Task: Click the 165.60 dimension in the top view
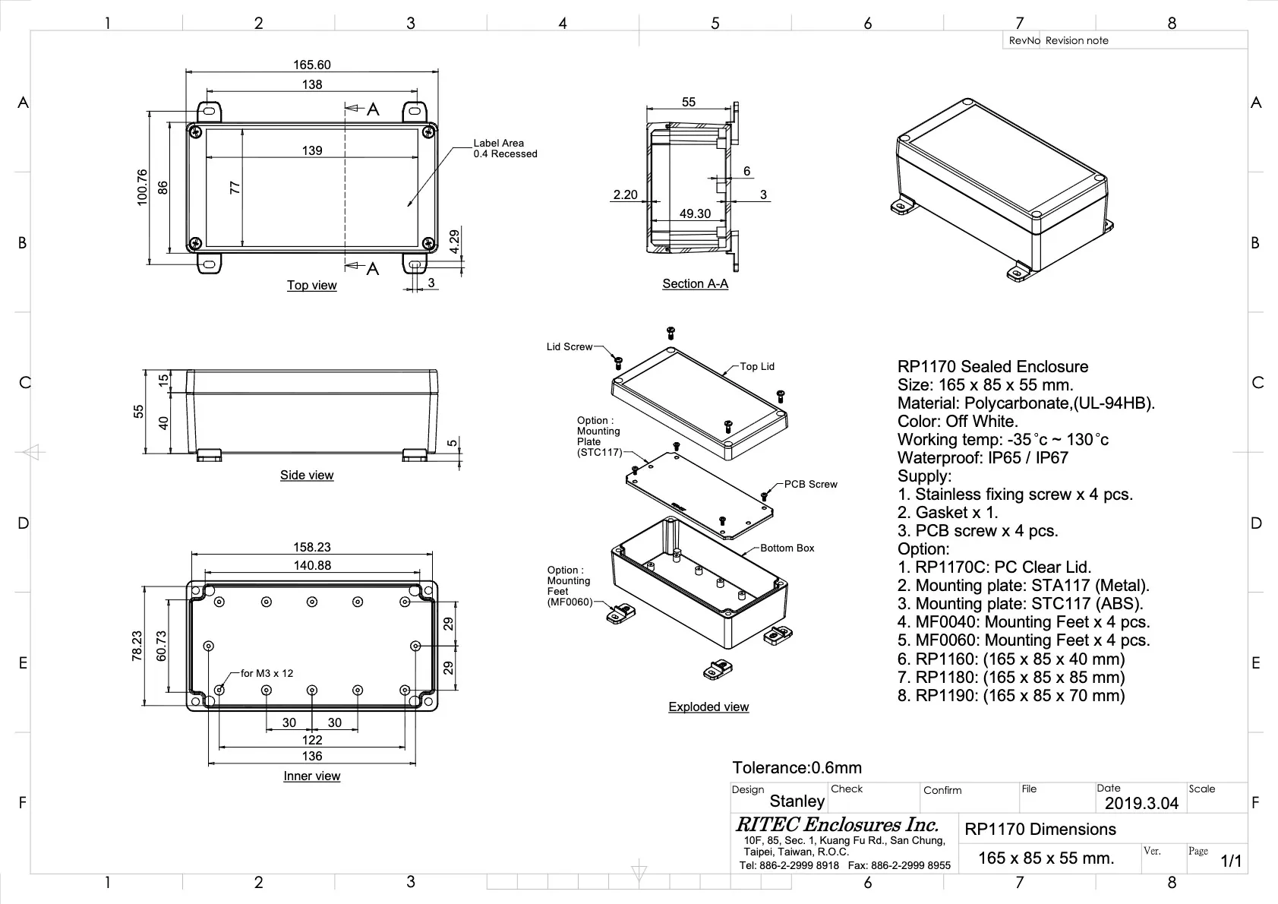coord(312,65)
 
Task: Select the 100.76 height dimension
coord(142,187)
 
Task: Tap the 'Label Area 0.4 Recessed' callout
coord(504,148)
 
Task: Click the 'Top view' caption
coord(311,285)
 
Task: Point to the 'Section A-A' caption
coord(695,283)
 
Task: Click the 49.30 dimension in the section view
coord(695,214)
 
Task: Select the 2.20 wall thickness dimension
coord(625,195)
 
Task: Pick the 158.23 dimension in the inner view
coord(312,547)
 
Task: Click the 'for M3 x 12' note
coord(267,673)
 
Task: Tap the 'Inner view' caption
coord(311,776)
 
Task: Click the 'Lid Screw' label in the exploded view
coord(569,347)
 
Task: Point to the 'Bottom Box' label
coord(787,548)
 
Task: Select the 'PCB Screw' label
coord(810,484)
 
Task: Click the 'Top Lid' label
coord(757,366)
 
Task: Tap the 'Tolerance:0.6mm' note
coord(797,768)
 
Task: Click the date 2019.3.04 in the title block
coord(1141,804)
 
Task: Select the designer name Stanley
coord(797,801)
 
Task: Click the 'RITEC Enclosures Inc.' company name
coord(837,825)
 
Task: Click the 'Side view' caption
coord(307,475)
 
